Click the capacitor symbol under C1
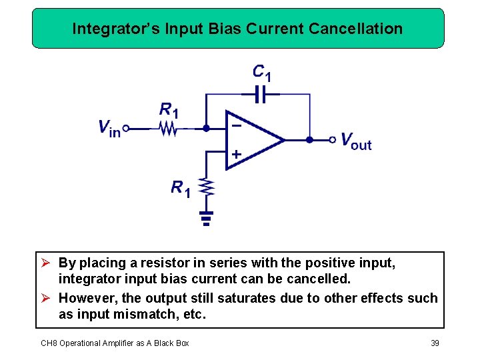point(260,95)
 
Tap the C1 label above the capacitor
point(261,71)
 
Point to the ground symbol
point(207,218)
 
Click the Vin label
point(109,128)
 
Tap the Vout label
point(356,141)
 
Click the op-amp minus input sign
point(236,125)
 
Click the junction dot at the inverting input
point(206,128)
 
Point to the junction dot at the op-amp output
point(309,140)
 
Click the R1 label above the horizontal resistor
point(169,109)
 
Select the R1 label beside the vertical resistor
point(181,189)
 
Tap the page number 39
point(435,343)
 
